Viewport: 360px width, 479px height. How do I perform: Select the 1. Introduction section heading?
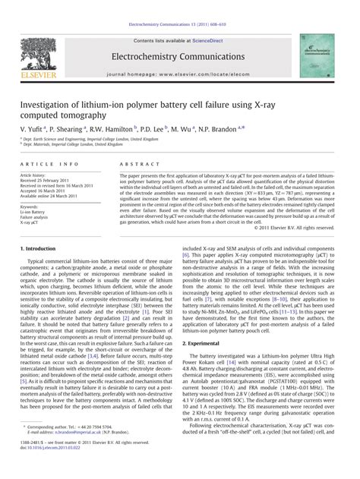tap(39, 248)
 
